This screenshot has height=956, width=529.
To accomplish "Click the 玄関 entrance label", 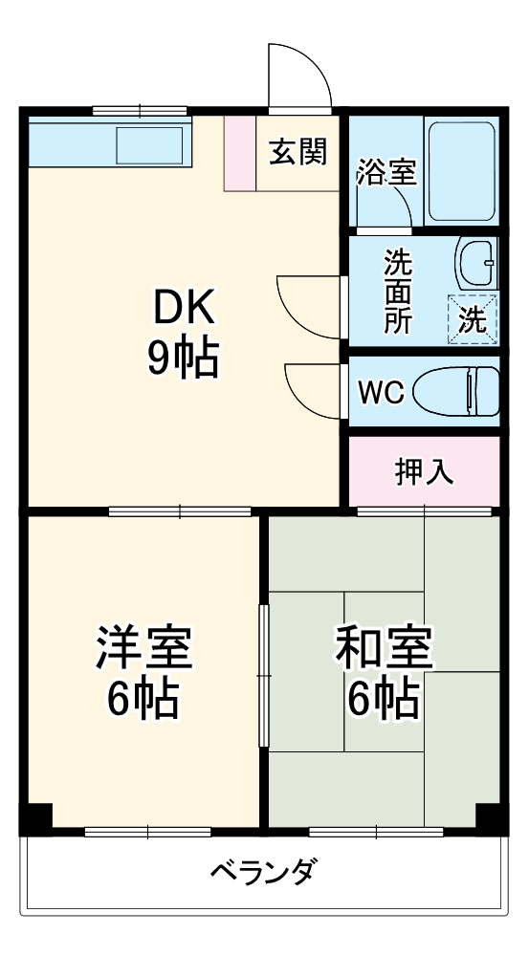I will point(298,152).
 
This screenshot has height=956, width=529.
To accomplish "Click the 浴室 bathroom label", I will point(386,174).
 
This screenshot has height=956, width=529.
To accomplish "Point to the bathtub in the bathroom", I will point(461,171).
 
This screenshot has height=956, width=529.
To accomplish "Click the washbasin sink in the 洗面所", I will point(475,263).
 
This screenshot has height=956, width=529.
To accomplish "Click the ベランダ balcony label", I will point(261,872).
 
